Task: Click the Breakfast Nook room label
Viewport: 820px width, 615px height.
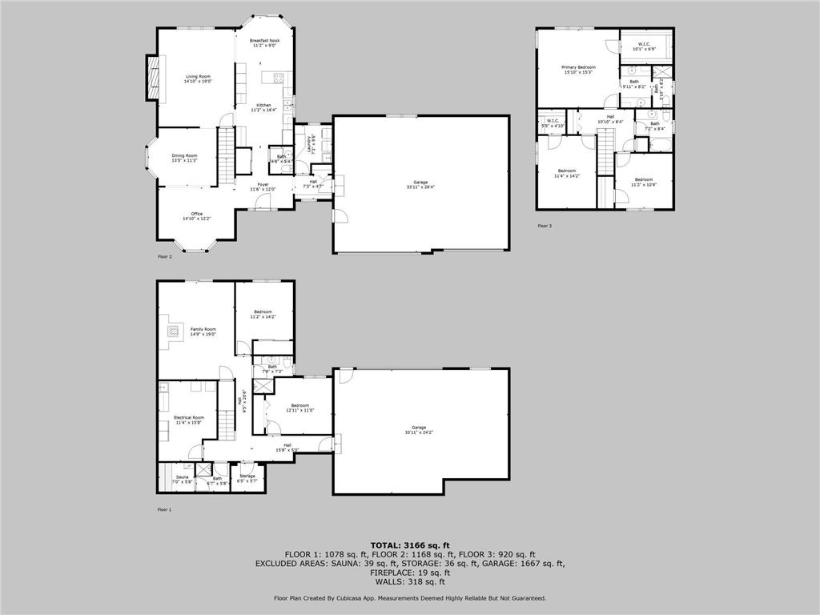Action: (263, 40)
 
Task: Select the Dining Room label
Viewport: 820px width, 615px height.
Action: (184, 156)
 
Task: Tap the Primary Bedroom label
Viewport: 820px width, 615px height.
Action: (578, 67)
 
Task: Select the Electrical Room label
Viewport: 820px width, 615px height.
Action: (189, 418)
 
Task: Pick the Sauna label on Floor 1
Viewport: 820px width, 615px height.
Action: (183, 477)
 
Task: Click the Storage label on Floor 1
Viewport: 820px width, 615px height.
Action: (247, 476)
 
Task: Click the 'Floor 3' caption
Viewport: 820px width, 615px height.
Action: (545, 226)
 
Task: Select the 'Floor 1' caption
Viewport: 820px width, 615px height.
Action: (164, 509)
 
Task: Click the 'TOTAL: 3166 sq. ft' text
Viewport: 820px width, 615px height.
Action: (410, 545)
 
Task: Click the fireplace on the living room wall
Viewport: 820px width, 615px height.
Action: (151, 78)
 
